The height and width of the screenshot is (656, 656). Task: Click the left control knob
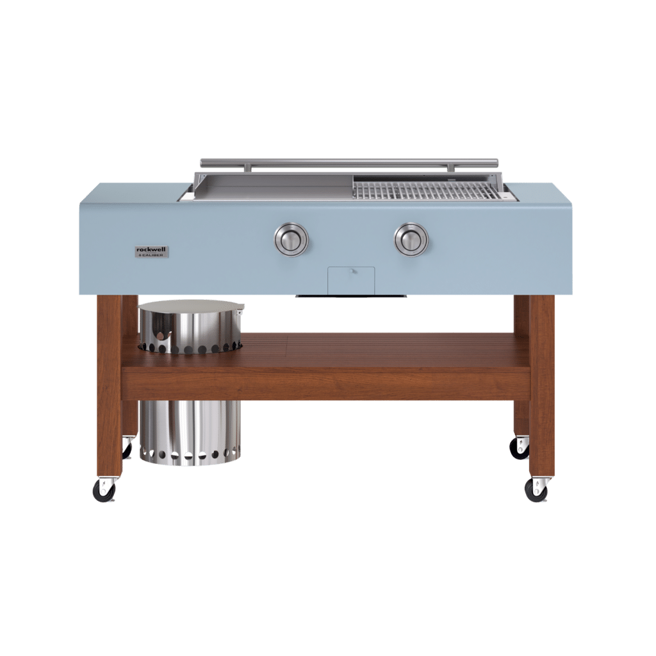(x=291, y=240)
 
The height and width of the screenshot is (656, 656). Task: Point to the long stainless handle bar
(x=349, y=162)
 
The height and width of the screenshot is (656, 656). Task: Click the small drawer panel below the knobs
(x=351, y=281)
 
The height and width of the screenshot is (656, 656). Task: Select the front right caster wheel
(x=536, y=491)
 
